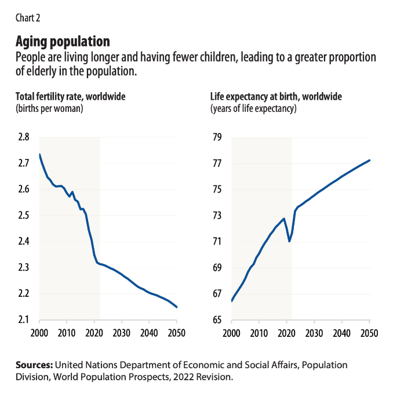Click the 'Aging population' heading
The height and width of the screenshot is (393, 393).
tap(63, 42)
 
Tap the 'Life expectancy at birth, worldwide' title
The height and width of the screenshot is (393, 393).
tap(276, 96)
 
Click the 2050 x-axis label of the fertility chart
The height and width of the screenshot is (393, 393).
tap(177, 334)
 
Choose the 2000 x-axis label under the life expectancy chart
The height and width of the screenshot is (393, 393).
tap(232, 334)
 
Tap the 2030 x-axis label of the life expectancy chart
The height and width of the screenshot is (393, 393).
tap(314, 334)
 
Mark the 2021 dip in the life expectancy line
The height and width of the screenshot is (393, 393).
tap(289, 241)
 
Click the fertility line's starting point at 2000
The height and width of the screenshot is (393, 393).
tap(39, 154)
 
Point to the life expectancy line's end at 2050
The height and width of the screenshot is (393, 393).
tap(369, 160)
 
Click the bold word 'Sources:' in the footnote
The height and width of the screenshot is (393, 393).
tap(34, 365)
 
